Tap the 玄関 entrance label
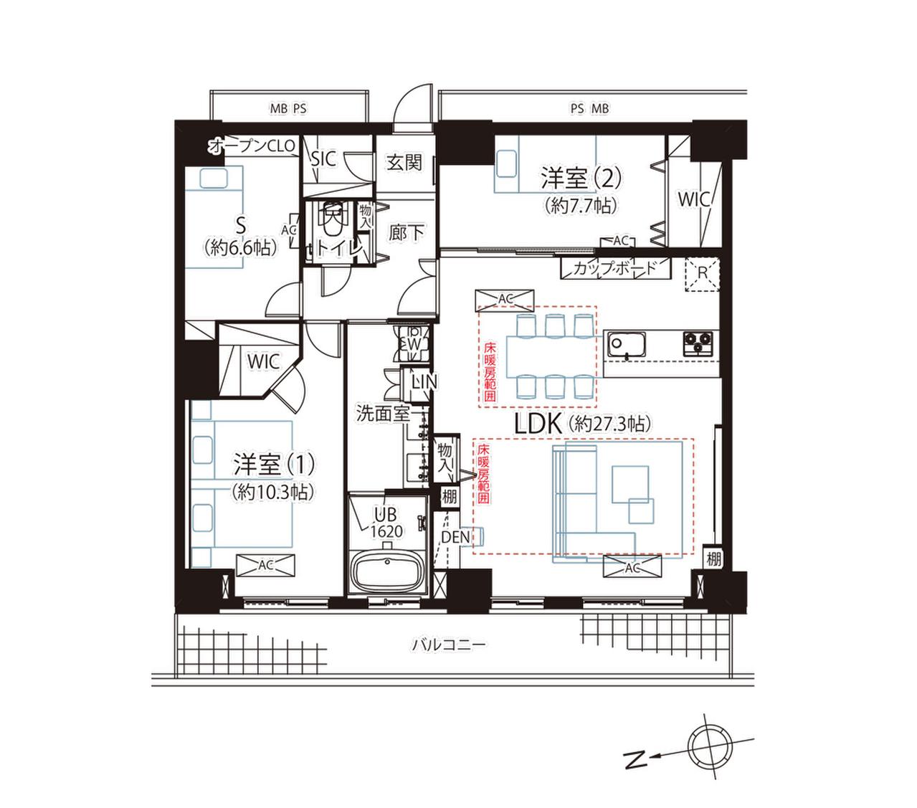(404, 163)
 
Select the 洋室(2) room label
(581, 178)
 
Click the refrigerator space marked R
(702, 275)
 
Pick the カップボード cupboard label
(614, 268)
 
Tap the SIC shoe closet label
(323, 159)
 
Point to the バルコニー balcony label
(448, 644)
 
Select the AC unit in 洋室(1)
(265, 565)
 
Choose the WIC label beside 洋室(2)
(693, 199)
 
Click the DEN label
(455, 537)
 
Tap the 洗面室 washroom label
(383, 413)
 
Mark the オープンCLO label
(252, 146)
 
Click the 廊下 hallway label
(407, 233)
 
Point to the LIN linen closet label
(424, 381)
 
